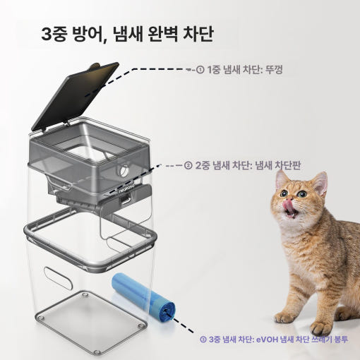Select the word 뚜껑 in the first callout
click(x=274, y=70)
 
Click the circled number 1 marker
click(x=200, y=70)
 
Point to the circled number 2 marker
click(x=188, y=166)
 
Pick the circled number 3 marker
click(x=203, y=340)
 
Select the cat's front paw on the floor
click(x=285, y=318)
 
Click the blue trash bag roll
click(x=144, y=296)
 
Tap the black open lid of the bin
click(x=76, y=96)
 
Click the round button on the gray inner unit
click(x=124, y=171)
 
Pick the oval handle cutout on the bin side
click(x=58, y=278)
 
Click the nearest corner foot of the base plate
click(x=96, y=352)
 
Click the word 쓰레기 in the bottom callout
click(x=321, y=340)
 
